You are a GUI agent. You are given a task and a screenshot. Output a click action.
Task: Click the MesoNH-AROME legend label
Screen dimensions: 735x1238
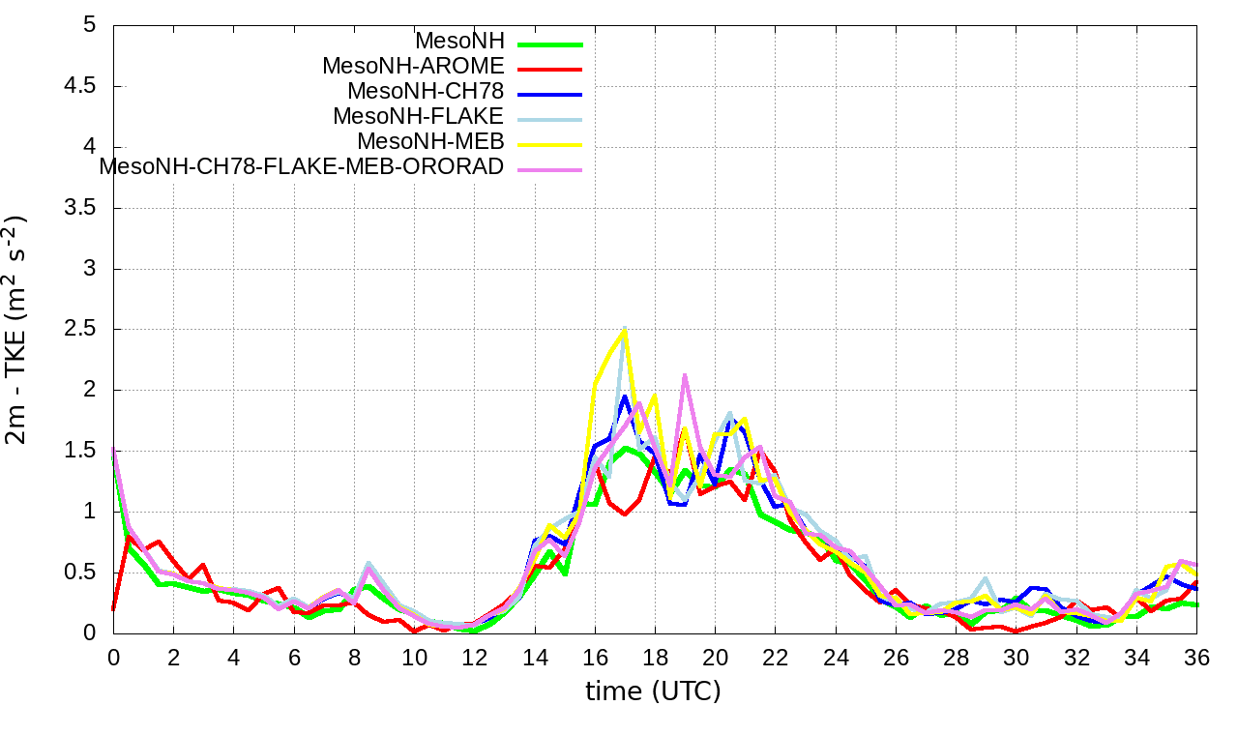pyautogui.click(x=413, y=67)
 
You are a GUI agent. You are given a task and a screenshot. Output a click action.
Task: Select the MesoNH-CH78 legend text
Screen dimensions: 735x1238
pyautogui.click(x=426, y=92)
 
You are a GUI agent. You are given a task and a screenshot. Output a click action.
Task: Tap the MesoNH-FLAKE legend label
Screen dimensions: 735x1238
pyautogui.click(x=419, y=117)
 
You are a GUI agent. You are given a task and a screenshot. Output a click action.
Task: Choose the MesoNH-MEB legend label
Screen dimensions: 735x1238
pyautogui.click(x=431, y=142)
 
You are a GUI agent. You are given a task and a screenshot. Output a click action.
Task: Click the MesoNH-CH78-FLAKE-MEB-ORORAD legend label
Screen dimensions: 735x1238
pyautogui.click(x=302, y=167)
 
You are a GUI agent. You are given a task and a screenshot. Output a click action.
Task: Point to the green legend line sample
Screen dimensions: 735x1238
pyautogui.click(x=549, y=44)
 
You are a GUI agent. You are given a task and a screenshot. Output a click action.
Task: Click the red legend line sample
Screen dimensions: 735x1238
pyautogui.click(x=549, y=69)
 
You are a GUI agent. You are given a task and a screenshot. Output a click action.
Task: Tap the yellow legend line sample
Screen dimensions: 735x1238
pyautogui.click(x=549, y=144)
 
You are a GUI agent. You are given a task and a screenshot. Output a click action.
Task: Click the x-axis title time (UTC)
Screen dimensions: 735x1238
pyautogui.click(x=653, y=691)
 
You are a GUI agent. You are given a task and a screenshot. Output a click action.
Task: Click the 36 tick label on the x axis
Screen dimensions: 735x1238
pyautogui.click(x=1196, y=657)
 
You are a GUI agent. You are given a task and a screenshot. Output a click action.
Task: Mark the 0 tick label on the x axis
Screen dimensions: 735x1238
pyautogui.click(x=113, y=657)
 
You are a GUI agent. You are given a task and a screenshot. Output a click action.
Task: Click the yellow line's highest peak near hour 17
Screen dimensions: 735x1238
pyautogui.click(x=625, y=330)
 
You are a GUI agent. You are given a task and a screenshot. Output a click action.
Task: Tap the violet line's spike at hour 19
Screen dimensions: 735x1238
pyautogui.click(x=685, y=375)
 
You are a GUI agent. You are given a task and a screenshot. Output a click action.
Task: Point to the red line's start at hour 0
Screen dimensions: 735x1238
pyautogui.click(x=114, y=609)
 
